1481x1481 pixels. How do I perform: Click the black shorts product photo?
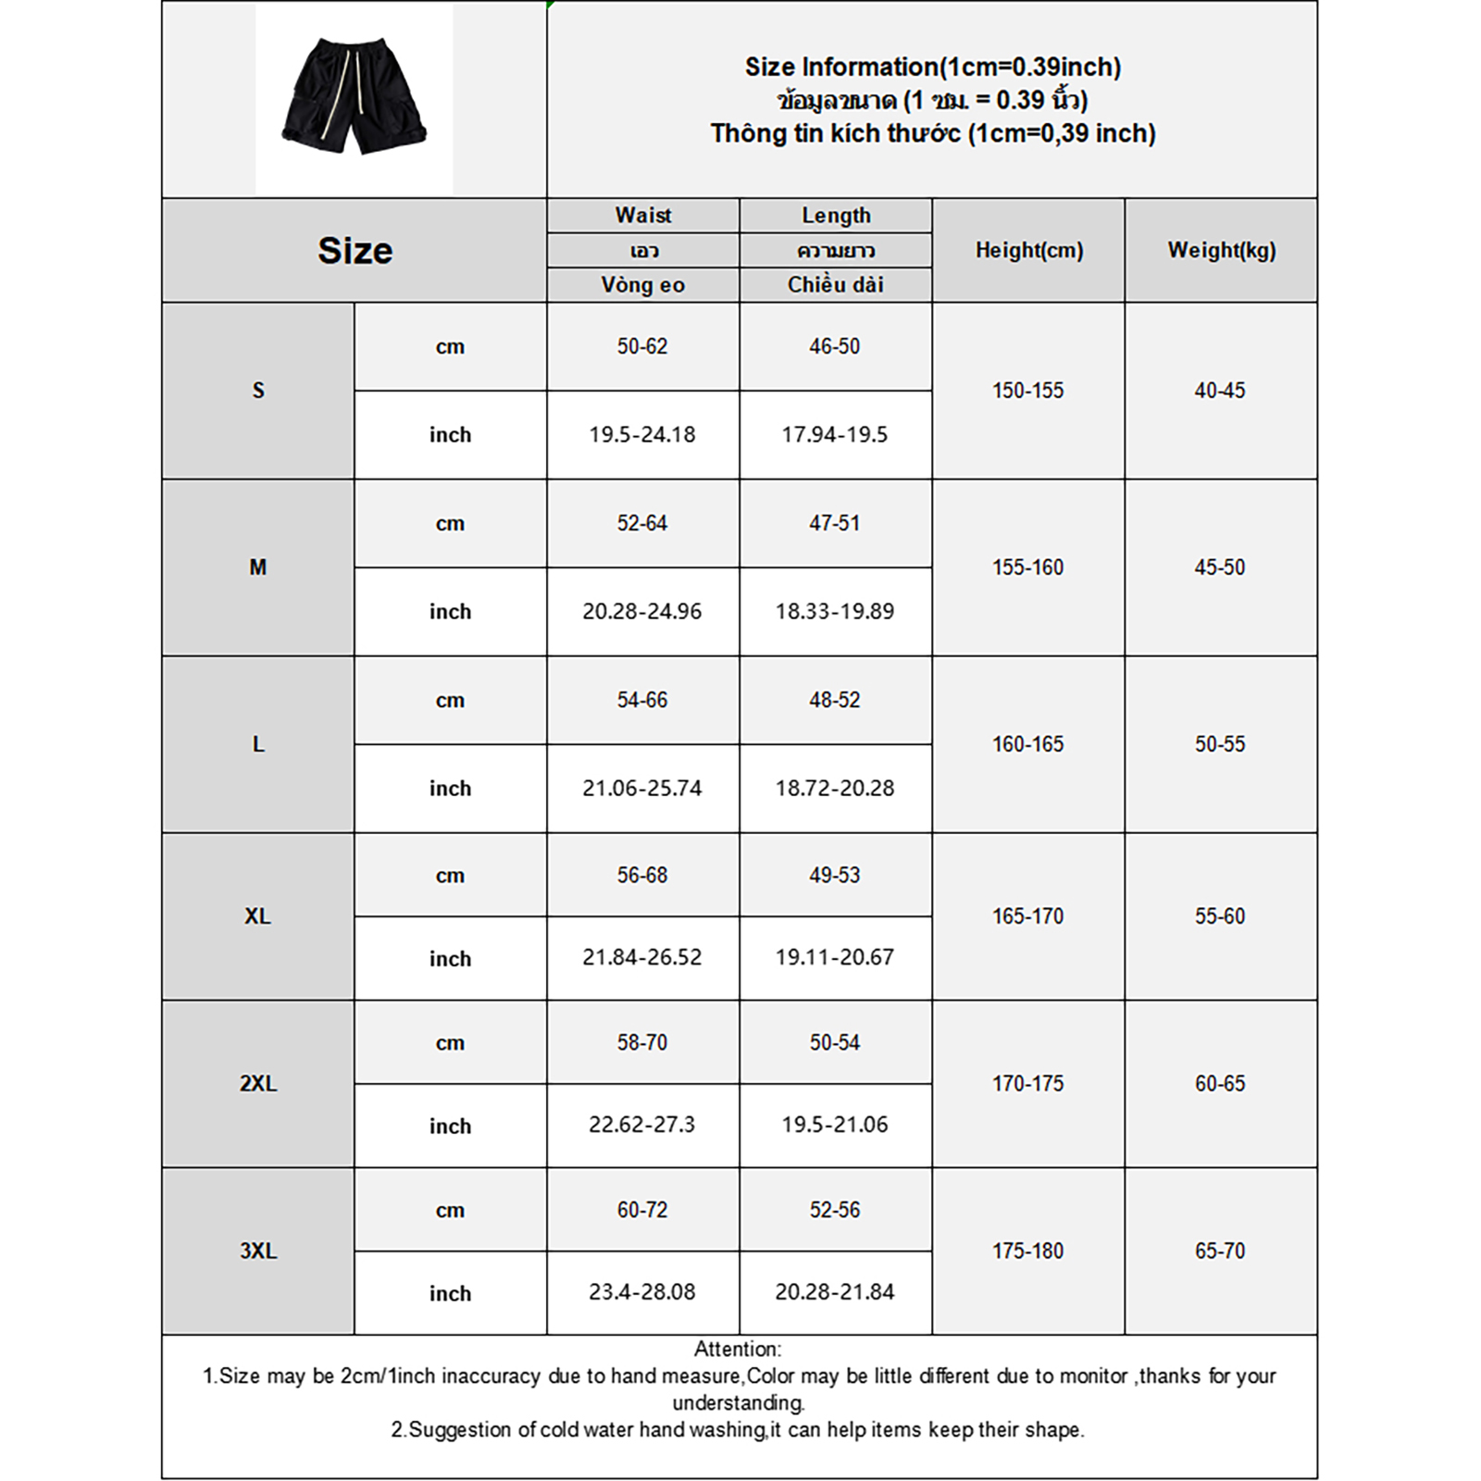click(354, 96)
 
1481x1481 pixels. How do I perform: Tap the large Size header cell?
click(355, 250)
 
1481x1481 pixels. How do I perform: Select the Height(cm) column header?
click(1028, 250)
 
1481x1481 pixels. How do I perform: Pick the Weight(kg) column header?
click(1221, 250)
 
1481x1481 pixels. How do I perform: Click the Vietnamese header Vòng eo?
click(642, 285)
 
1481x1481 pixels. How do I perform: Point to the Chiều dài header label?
click(835, 285)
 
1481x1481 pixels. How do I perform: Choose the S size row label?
click(258, 391)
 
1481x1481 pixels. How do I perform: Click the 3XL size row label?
click(258, 1251)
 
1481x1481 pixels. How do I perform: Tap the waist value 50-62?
click(642, 346)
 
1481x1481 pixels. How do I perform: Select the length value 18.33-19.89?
click(835, 611)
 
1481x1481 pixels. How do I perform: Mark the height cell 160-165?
click(1028, 744)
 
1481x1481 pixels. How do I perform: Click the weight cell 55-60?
click(1220, 916)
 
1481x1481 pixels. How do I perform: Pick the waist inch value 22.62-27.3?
click(642, 1125)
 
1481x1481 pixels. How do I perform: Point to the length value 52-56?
click(835, 1210)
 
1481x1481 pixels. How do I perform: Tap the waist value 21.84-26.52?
click(642, 957)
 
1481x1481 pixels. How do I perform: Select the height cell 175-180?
click(1028, 1251)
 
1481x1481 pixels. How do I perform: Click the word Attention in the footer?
click(737, 1350)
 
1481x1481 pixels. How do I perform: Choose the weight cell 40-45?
click(1220, 391)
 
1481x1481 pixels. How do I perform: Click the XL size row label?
click(258, 916)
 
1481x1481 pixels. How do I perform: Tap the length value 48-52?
click(835, 700)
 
